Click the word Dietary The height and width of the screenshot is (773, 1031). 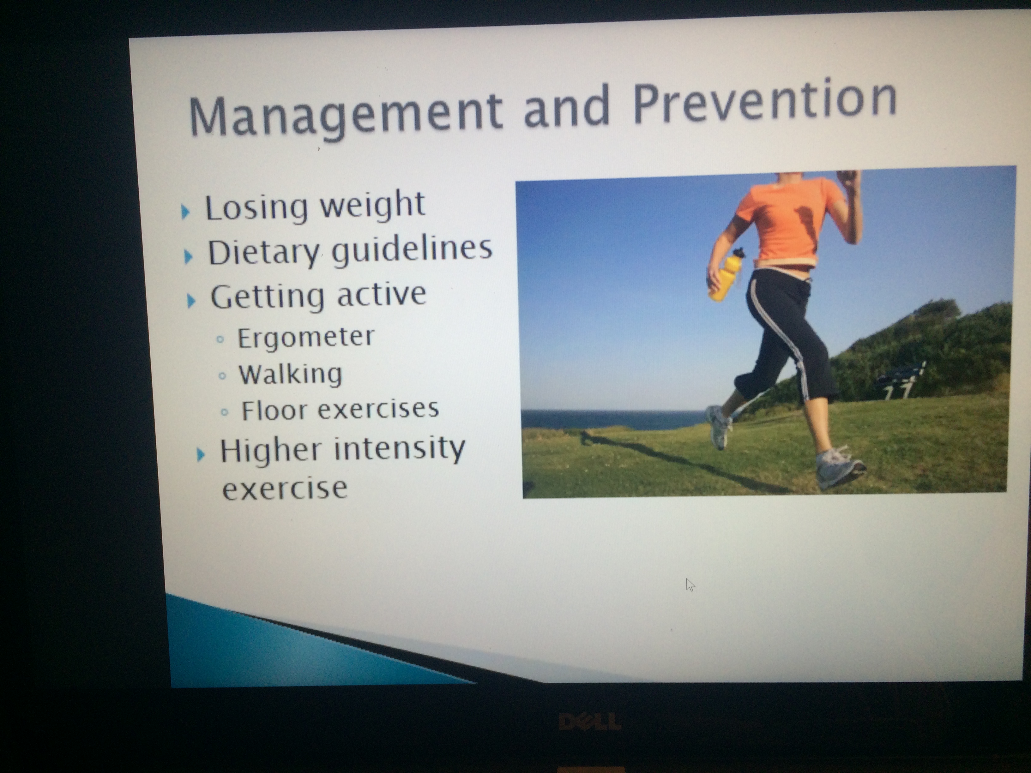coord(264,253)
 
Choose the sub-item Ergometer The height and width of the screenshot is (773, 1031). coord(306,338)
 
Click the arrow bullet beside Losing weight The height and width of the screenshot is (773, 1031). coord(185,212)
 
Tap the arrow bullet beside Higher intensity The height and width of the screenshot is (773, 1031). coord(201,454)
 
